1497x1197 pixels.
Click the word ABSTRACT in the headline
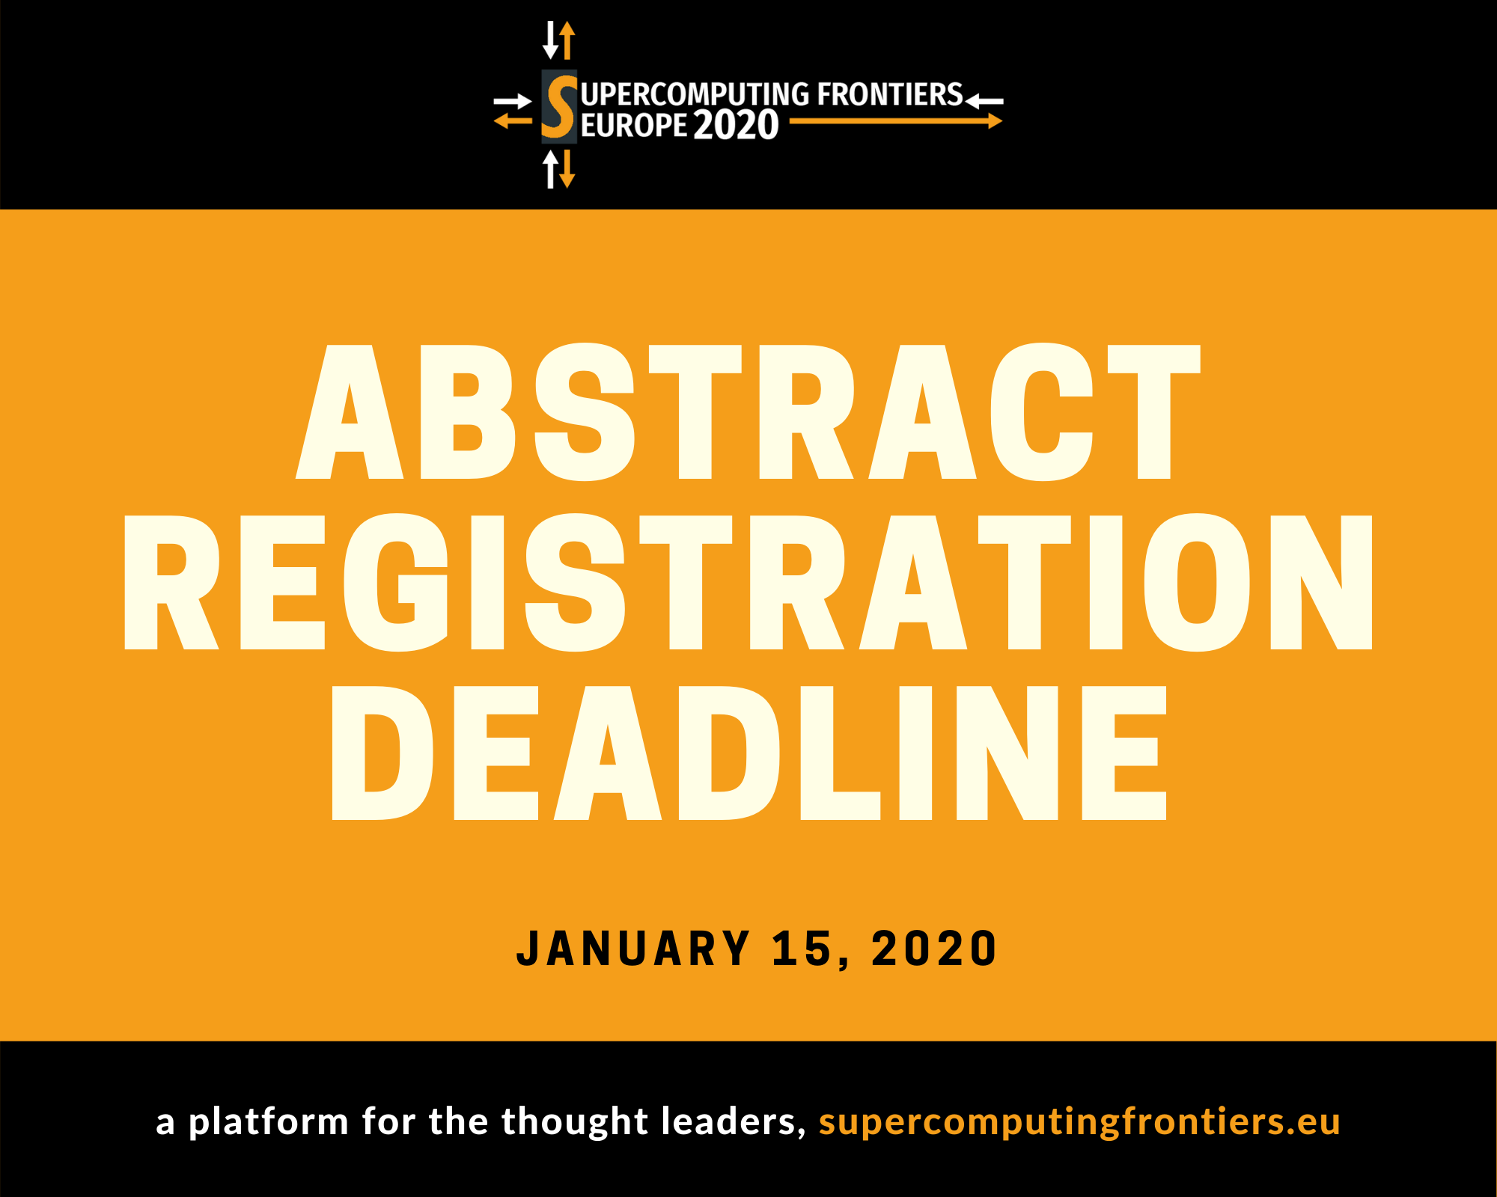coord(748,411)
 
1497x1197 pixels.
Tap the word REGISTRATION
coord(748,582)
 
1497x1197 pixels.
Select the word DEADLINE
coord(748,753)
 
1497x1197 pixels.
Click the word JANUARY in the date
coord(633,949)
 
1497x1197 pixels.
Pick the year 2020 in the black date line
coord(934,949)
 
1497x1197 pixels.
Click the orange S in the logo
coord(559,106)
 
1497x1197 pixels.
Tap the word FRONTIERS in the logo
coord(890,95)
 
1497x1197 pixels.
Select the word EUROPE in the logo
coord(634,126)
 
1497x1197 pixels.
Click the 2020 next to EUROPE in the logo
coord(736,125)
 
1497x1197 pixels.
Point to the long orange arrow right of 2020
coord(896,120)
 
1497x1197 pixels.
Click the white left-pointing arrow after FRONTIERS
coord(984,100)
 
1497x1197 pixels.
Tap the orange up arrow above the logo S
coord(567,40)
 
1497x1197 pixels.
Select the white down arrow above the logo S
coord(551,40)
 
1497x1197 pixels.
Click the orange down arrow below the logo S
coord(567,169)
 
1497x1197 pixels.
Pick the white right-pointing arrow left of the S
coord(513,101)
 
